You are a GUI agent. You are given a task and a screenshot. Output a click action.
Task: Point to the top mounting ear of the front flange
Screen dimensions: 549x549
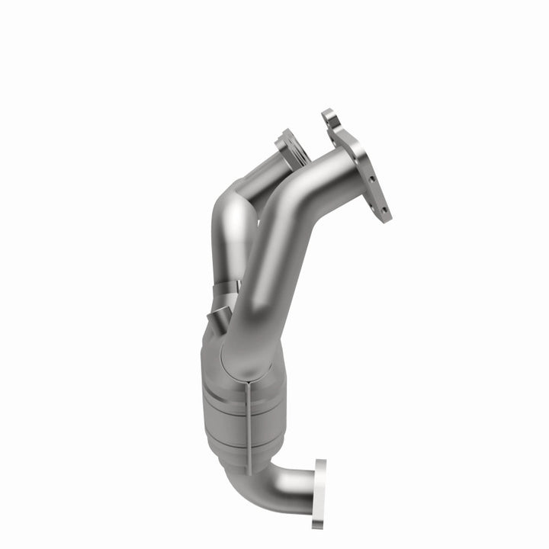329,117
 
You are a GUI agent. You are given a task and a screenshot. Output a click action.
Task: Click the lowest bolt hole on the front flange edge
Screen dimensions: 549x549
384,209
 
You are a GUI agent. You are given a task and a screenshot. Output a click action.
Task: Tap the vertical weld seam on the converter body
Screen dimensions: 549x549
250,416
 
